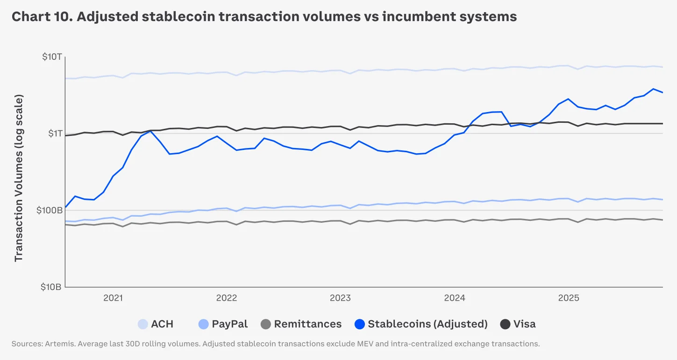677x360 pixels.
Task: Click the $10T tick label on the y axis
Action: pyautogui.click(x=51, y=57)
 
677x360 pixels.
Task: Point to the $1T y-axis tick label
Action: pyautogui.click(x=54, y=134)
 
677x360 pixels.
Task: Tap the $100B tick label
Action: pyautogui.click(x=49, y=211)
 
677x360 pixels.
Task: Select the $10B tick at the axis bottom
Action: pyautogui.click(x=51, y=287)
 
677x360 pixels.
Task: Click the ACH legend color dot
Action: pyautogui.click(x=143, y=324)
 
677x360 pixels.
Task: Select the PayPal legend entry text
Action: pyautogui.click(x=229, y=324)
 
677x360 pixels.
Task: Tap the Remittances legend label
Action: pyautogui.click(x=307, y=324)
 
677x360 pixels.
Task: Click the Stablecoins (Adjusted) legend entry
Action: pyautogui.click(x=428, y=324)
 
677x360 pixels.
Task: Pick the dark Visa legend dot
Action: pyautogui.click(x=505, y=324)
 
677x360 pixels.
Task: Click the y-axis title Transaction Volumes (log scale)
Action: pyautogui.click(x=19, y=178)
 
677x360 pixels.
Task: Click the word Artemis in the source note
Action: pyautogui.click(x=60, y=344)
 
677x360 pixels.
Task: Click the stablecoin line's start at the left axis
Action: pyautogui.click(x=66, y=207)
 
